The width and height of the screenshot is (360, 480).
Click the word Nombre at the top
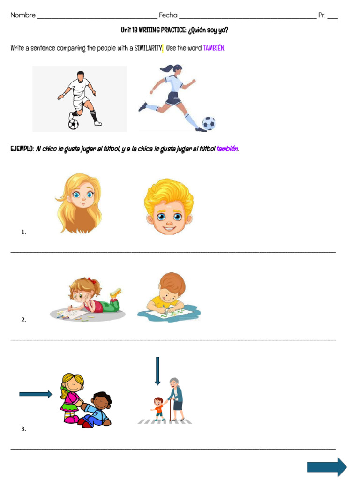coord(23,15)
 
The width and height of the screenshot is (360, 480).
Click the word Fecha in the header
coord(168,15)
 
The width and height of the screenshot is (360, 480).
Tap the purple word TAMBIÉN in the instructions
coord(214,48)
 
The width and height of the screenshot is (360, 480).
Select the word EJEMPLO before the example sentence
coord(22,149)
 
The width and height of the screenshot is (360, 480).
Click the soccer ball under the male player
coord(74,124)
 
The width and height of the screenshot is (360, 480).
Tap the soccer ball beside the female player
coord(209,123)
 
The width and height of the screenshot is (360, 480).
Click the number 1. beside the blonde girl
coord(23,232)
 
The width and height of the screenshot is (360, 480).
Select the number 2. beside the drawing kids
coord(23,320)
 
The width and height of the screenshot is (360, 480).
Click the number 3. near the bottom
coord(23,428)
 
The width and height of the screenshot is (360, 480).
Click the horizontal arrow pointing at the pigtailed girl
coord(36,394)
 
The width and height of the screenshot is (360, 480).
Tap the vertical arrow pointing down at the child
coord(157,371)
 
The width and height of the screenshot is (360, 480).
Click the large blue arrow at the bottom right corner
coord(327,467)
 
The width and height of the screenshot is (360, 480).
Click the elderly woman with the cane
coord(176,398)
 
